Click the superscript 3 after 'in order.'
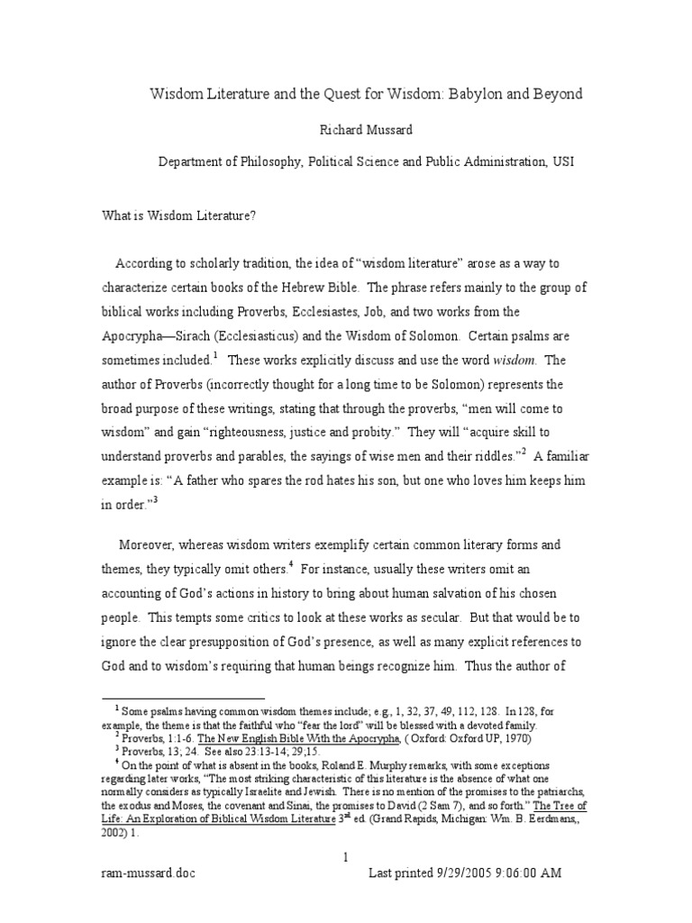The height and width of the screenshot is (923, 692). (x=154, y=500)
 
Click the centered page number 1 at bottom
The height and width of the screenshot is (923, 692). (x=346, y=857)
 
